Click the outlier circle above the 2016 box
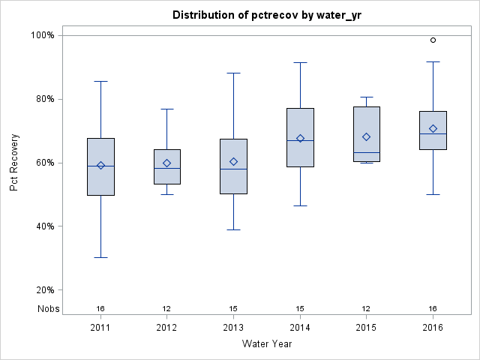(x=433, y=40)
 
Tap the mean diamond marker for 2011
(x=100, y=165)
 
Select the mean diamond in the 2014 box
(x=300, y=138)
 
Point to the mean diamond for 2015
(x=366, y=136)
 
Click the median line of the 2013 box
(x=233, y=169)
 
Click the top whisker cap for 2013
(x=233, y=73)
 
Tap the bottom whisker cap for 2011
(x=100, y=257)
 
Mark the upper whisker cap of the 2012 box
(x=167, y=109)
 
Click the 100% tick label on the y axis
(x=42, y=35)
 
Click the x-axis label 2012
(x=167, y=328)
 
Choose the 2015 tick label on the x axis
(x=366, y=328)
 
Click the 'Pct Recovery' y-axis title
(x=15, y=163)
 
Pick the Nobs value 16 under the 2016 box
(x=433, y=308)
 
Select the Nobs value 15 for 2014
(x=300, y=308)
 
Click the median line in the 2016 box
(x=433, y=133)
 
